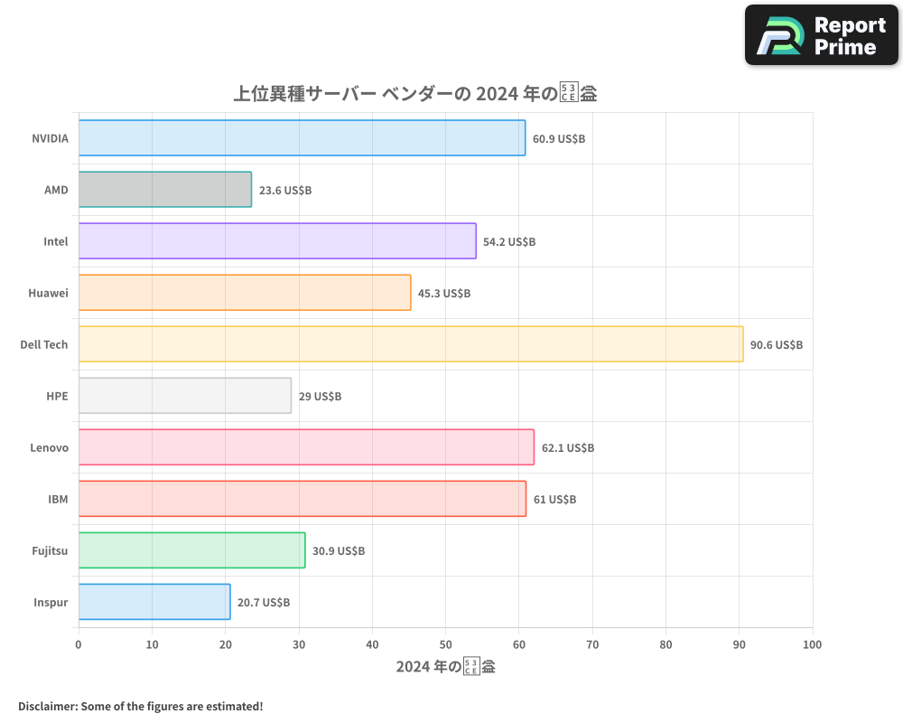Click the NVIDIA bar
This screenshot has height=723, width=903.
pos(302,138)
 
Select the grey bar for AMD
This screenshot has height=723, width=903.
pos(164,190)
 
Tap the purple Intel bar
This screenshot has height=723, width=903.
pos(277,241)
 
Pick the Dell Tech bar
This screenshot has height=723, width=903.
pos(411,344)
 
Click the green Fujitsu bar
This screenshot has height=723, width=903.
pos(191,550)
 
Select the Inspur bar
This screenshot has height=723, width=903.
pos(154,602)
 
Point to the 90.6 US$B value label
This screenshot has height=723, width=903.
pos(777,345)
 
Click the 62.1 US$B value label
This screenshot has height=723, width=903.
pos(568,448)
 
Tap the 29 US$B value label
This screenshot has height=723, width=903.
pos(320,397)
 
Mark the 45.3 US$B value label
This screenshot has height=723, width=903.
pos(444,294)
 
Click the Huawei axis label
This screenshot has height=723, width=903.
pos(48,293)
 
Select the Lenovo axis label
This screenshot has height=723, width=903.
pos(49,447)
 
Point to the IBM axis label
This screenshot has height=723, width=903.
pos(58,499)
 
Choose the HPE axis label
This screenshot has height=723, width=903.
pos(57,396)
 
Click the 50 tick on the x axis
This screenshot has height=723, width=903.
pos(445,644)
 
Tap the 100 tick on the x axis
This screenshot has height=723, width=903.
pos(812,644)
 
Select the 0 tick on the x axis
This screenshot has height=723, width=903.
pos(79,644)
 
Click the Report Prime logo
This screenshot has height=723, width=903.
pos(822,35)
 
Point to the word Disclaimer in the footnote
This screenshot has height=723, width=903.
pos(47,706)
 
